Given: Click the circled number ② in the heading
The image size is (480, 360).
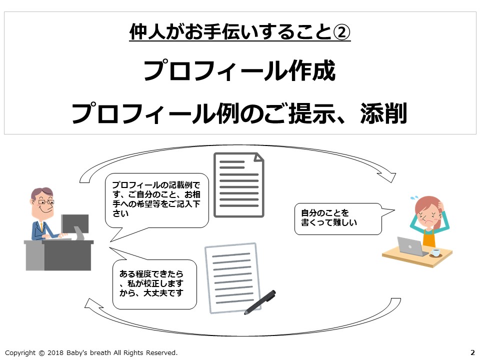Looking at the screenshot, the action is click(341, 32).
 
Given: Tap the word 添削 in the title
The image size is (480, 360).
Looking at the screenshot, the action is click(383, 113).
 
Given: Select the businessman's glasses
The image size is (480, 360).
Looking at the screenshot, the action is click(46, 202).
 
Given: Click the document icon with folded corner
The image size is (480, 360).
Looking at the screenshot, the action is click(239, 185).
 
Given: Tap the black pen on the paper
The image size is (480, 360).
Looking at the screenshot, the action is click(260, 302).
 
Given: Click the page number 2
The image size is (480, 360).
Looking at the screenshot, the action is click(472, 352).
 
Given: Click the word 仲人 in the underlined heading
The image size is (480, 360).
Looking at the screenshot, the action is click(147, 32).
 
